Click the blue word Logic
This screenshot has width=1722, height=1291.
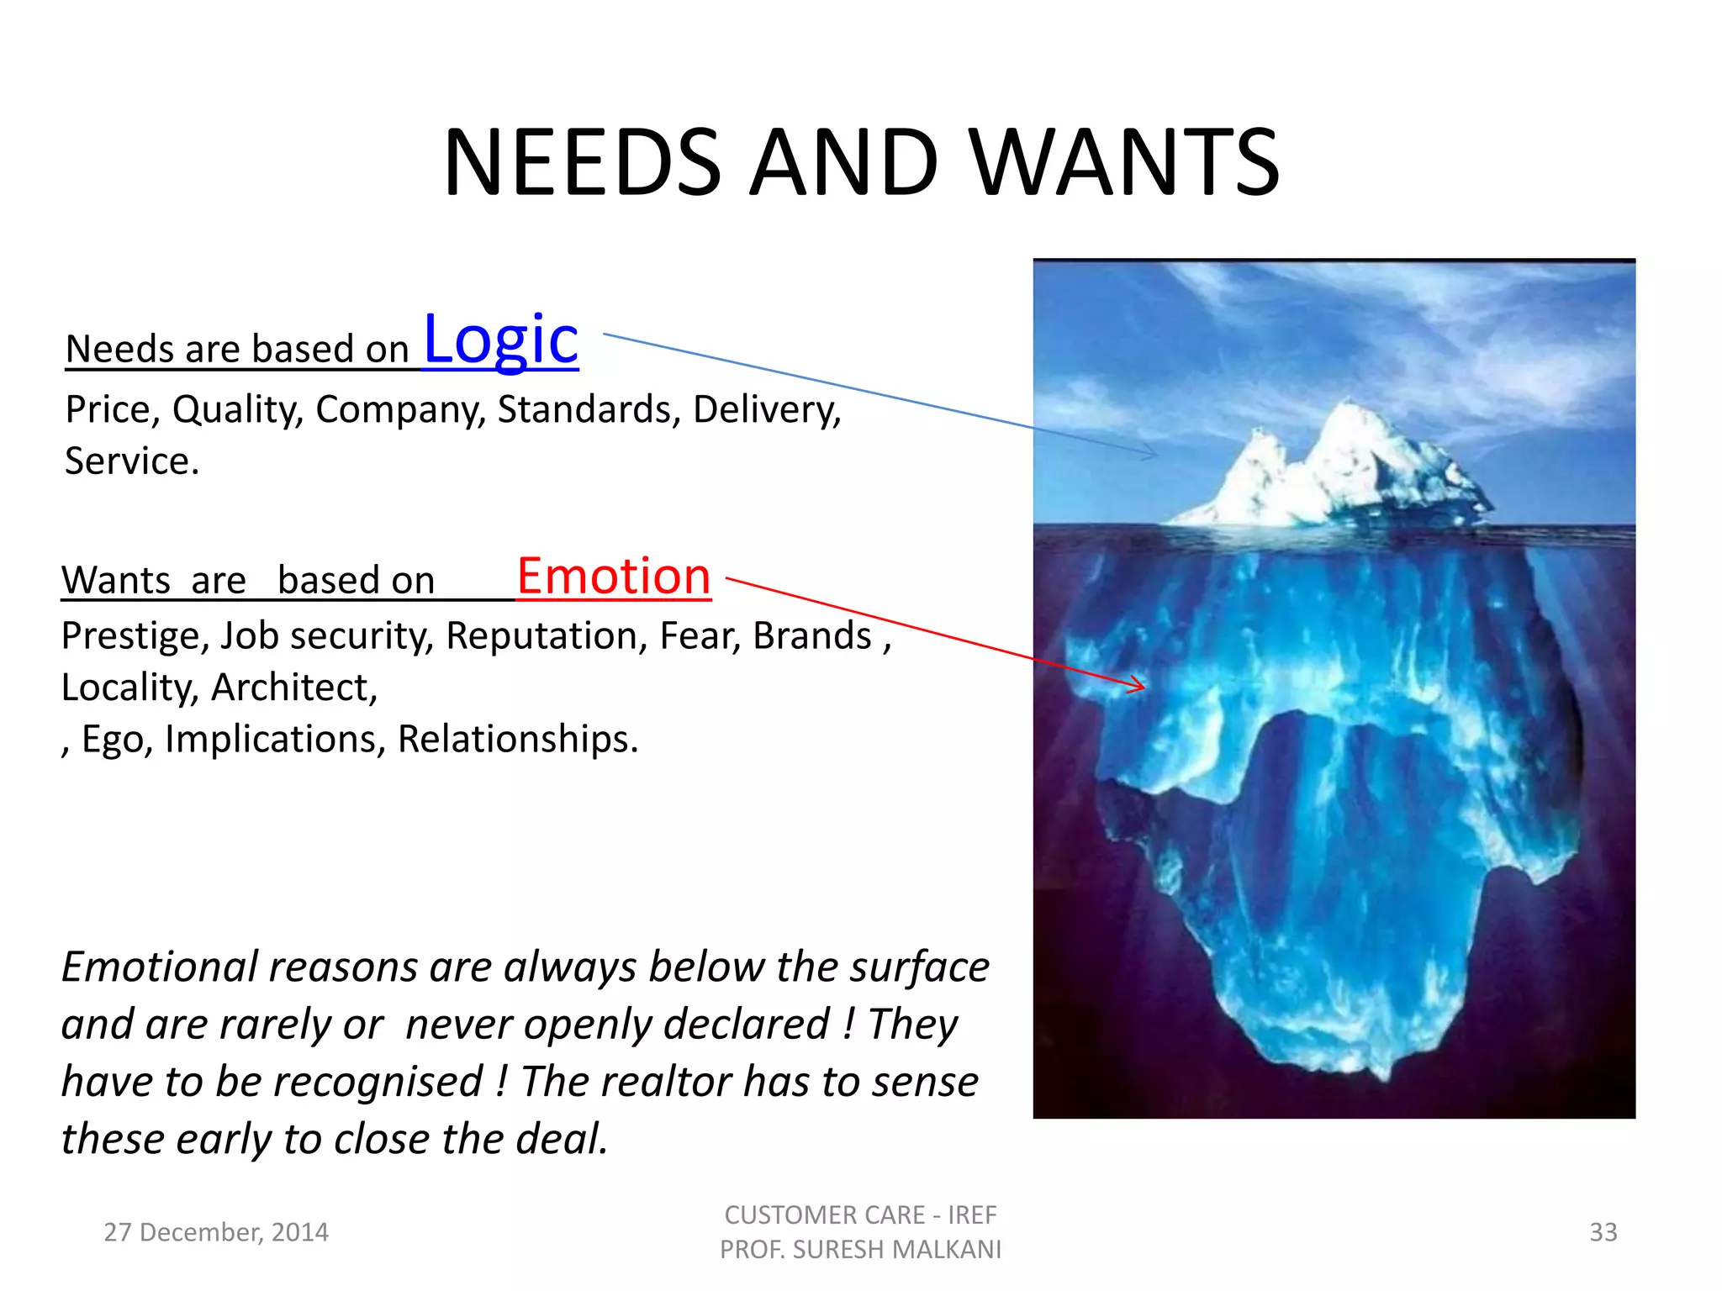click(x=501, y=340)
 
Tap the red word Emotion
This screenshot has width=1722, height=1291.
click(x=614, y=577)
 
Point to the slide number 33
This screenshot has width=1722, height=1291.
click(x=1603, y=1232)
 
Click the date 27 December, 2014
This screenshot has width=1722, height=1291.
click(x=216, y=1232)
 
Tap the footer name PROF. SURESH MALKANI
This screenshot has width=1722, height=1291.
click(x=860, y=1250)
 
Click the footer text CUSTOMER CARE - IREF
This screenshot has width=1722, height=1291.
click(x=860, y=1215)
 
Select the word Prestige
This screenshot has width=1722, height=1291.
click(x=135, y=636)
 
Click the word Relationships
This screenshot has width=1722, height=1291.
click(x=517, y=740)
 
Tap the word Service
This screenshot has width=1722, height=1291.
click(x=131, y=461)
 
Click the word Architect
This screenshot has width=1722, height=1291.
click(x=294, y=688)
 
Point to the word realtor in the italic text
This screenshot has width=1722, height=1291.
click(x=653, y=1082)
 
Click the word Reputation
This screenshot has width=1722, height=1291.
click(x=547, y=636)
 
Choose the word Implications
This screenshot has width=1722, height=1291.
click(x=275, y=740)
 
